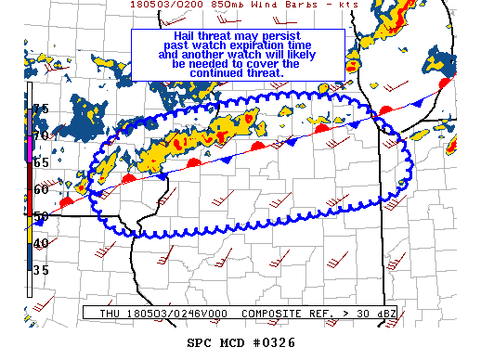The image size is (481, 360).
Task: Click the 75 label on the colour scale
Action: [x=41, y=109]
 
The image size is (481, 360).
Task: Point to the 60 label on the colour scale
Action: [x=41, y=189]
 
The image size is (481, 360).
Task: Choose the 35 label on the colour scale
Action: [x=41, y=270]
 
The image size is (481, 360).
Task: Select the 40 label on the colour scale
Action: [x=41, y=243]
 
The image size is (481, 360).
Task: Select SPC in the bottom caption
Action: [x=201, y=342]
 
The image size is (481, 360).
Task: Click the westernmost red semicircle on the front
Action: [x=66, y=200]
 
